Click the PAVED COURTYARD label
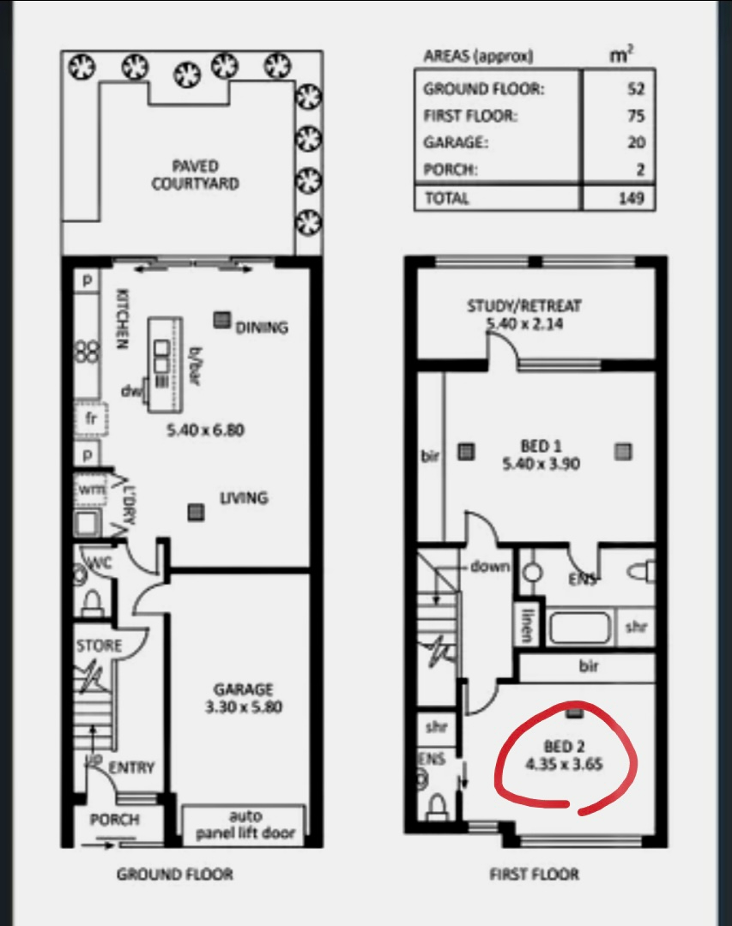click(196, 175)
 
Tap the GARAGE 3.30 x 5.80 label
click(244, 698)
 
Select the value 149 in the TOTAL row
click(632, 197)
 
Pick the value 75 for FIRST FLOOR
click(636, 115)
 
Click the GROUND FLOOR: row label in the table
click(484, 89)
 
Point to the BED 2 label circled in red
click(564, 747)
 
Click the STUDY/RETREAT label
click(524, 306)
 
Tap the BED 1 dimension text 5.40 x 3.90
click(541, 464)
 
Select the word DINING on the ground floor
click(262, 328)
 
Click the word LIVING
click(245, 498)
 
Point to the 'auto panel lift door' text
click(245, 825)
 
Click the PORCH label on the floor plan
click(115, 820)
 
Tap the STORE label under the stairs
click(99, 646)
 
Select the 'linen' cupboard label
click(527, 625)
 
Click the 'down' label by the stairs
click(490, 567)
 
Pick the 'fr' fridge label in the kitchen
click(90, 418)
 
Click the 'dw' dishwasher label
click(130, 391)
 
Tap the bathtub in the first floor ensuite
click(579, 628)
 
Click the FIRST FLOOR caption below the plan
click(534, 874)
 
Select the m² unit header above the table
click(620, 54)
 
